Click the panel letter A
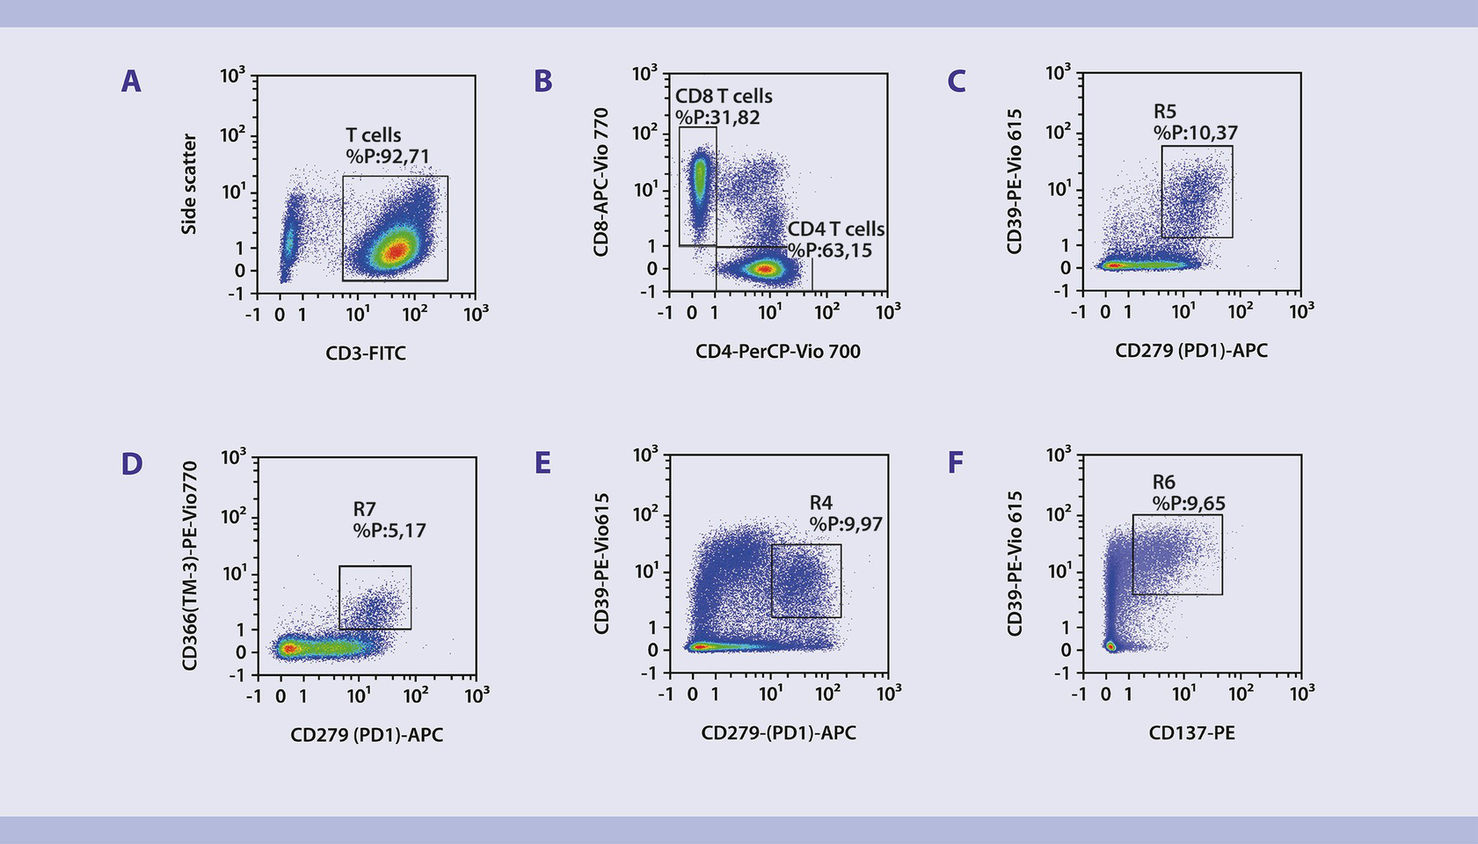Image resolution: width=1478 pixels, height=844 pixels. (x=131, y=82)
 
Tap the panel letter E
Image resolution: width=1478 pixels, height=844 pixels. (x=542, y=463)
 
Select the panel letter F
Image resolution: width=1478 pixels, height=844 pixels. (x=956, y=462)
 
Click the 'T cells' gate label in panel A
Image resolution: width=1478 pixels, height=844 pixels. (x=373, y=135)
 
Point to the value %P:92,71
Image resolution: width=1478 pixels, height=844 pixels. (x=388, y=157)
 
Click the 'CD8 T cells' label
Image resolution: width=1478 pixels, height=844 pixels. (x=724, y=96)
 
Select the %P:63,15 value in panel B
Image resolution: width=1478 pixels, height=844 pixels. (x=830, y=251)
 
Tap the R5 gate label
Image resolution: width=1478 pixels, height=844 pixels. (x=1165, y=112)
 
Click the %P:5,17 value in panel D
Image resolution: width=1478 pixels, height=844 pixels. (x=390, y=531)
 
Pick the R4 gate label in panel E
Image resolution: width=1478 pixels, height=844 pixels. (x=820, y=503)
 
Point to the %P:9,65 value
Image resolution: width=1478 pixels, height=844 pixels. (x=1189, y=505)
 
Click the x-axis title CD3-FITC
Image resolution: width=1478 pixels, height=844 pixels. (x=366, y=353)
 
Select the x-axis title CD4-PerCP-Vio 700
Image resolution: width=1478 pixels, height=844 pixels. (x=777, y=352)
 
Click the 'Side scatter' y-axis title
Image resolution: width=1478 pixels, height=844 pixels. (x=189, y=184)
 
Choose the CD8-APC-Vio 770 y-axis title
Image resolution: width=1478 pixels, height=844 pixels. (x=601, y=182)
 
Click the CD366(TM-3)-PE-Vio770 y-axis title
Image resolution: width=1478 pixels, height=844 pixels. (x=190, y=566)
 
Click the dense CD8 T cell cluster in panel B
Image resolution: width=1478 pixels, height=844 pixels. (x=700, y=180)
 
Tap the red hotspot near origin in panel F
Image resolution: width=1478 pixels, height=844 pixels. (x=1110, y=646)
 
